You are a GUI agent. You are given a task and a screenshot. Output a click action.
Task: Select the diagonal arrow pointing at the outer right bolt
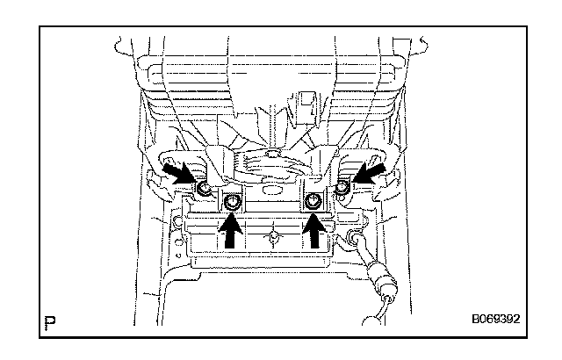[x=370, y=170]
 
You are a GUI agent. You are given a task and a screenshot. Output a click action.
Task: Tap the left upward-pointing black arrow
[x=232, y=233]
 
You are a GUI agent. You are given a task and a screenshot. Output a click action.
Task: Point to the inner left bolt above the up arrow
[x=232, y=203]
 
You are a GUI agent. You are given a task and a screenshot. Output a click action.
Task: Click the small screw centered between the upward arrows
[x=274, y=236]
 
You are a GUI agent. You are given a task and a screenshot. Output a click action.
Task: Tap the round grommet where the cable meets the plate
[x=357, y=237]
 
